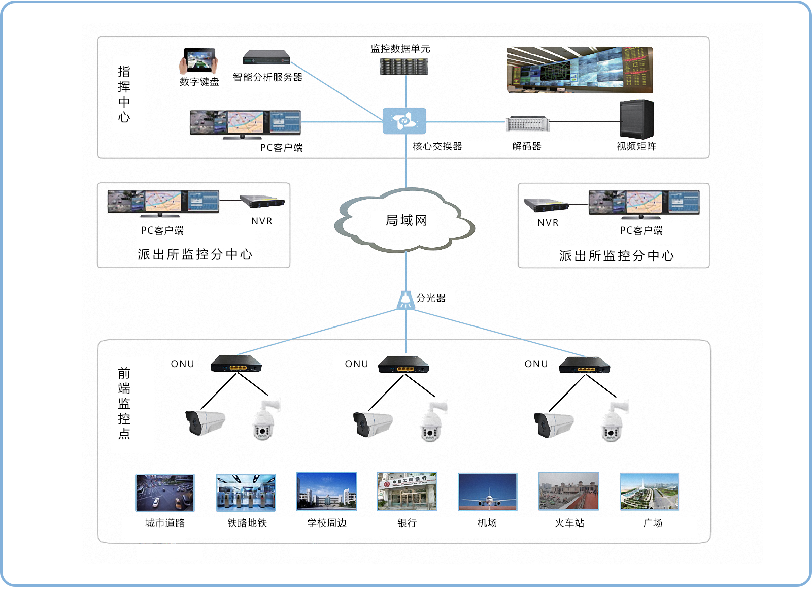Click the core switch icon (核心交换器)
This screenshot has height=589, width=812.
(x=404, y=121)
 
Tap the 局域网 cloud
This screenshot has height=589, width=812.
(x=406, y=220)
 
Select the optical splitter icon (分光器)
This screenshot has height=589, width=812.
(x=405, y=300)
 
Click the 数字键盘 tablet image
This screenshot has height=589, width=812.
(x=199, y=61)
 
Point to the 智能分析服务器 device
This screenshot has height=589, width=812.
(x=266, y=57)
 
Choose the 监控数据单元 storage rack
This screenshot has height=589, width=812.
(x=404, y=66)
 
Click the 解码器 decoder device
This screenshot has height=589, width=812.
(x=528, y=123)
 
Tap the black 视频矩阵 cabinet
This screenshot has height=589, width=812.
(x=636, y=119)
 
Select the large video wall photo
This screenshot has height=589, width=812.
(x=580, y=70)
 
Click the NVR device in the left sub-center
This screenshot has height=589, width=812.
(x=262, y=201)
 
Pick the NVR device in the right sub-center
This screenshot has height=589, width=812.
(x=547, y=205)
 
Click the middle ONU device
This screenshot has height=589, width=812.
(x=404, y=364)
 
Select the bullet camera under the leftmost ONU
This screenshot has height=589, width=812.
(x=205, y=422)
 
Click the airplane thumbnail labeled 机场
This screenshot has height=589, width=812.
(x=487, y=492)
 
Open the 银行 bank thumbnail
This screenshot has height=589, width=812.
(x=407, y=492)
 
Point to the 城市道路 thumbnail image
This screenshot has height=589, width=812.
(x=165, y=493)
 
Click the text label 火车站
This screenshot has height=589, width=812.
(x=569, y=523)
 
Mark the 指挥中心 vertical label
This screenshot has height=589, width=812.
(x=124, y=94)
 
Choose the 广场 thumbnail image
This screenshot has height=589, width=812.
(x=649, y=492)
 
